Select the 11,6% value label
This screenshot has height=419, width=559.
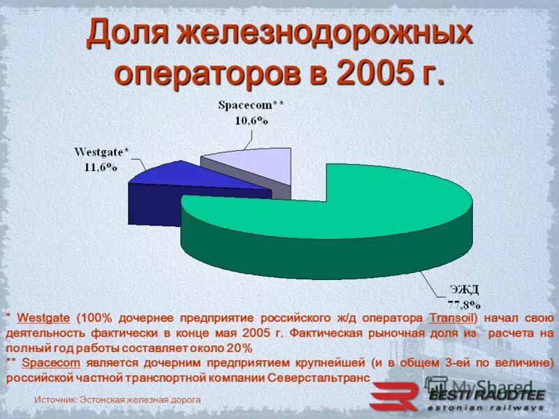tap(102, 166)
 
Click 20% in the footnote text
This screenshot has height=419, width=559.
tap(239, 348)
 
